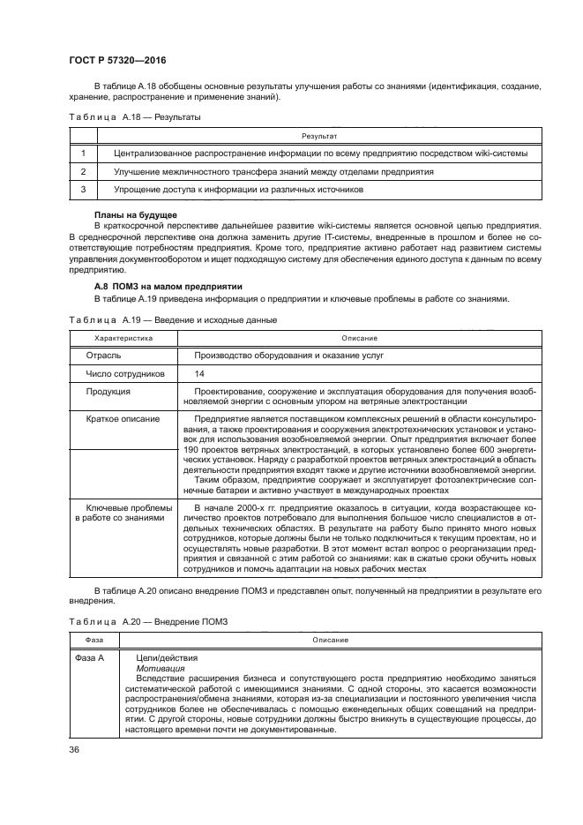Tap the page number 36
point(75,750)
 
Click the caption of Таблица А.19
point(173,319)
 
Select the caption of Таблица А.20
point(148,621)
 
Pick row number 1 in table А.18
point(83,154)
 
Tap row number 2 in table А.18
point(83,171)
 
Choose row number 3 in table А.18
point(83,189)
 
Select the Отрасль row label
point(104,356)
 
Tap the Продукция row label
point(108,391)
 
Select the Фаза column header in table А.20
point(93,640)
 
